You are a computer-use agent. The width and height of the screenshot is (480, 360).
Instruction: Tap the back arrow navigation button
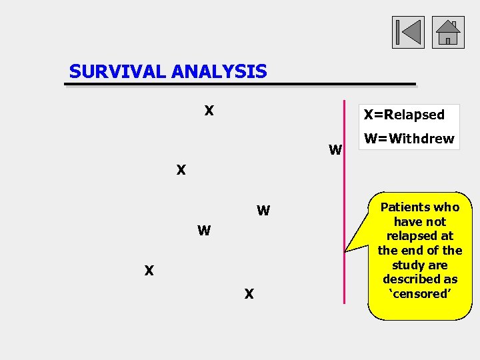pos(408,33)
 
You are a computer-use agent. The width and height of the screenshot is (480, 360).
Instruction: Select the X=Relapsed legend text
pos(403,115)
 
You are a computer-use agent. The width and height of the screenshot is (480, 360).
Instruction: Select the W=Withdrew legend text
pos(409,139)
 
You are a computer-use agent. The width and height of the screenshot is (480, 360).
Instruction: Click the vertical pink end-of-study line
pos(345,200)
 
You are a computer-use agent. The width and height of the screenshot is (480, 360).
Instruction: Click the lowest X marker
pos(249,293)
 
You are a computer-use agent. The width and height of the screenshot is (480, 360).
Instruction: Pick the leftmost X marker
pos(149,271)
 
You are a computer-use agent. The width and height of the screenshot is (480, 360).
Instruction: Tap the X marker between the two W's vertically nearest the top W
pos(181,170)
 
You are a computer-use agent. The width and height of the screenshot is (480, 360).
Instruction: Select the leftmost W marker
pos(204,231)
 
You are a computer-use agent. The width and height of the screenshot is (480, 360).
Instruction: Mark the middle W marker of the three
pos(263,211)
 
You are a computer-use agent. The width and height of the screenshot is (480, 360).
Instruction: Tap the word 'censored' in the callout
pos(419,293)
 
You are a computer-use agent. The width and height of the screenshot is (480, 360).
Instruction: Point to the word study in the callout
pos(405,265)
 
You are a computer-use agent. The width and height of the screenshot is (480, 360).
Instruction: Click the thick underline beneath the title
pos(240,85)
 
